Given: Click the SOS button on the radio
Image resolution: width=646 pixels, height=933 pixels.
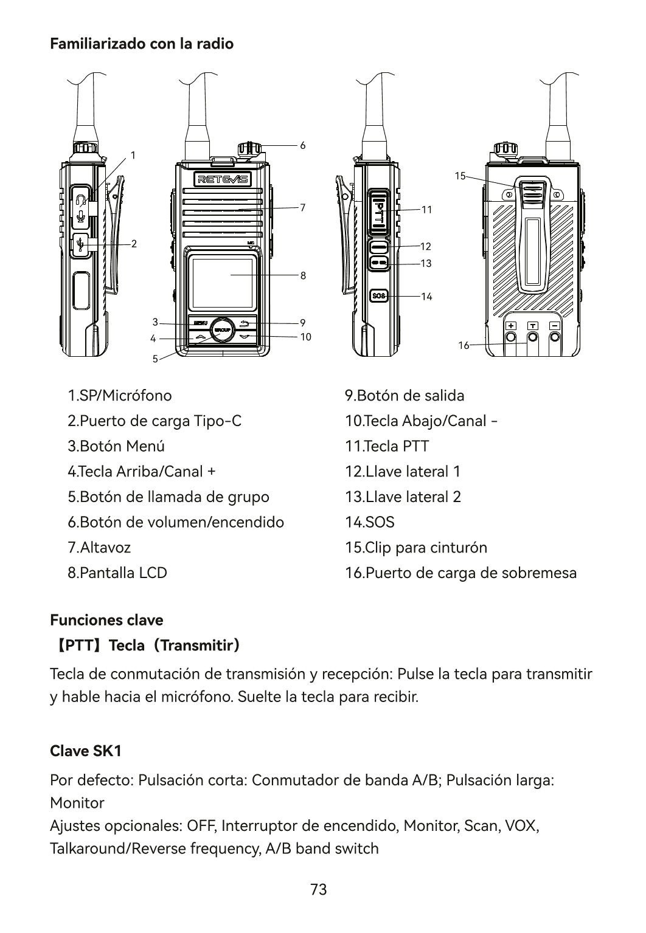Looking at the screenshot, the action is (379, 296).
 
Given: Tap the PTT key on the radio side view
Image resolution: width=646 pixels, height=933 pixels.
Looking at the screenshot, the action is (378, 211).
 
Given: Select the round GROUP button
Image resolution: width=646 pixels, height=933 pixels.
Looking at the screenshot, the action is (222, 329).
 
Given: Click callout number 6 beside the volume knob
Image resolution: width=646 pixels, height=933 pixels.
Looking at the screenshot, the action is (303, 146).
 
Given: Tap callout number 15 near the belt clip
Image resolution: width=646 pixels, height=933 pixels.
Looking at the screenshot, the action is (460, 176).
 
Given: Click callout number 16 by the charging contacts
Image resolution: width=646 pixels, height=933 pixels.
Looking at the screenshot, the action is (464, 345).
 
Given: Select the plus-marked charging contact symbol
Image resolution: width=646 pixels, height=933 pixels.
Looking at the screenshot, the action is (511, 326).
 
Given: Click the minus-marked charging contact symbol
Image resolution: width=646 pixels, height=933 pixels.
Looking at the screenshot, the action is (555, 326).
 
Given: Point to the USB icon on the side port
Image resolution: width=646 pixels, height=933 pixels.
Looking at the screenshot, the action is (81, 244).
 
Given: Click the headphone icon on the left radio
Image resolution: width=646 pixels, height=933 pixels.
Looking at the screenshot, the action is (82, 199).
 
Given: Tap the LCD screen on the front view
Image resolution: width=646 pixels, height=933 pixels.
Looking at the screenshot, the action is (223, 282).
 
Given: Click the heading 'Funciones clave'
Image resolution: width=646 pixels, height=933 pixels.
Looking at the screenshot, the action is (106, 620).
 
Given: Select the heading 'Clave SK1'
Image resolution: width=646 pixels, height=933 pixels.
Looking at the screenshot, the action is (86, 751).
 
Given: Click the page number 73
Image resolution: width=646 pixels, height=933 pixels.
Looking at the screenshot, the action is (319, 889).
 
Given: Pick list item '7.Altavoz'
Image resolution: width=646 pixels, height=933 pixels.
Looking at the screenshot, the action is (99, 547).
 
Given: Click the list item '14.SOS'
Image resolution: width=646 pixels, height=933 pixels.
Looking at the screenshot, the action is (370, 522).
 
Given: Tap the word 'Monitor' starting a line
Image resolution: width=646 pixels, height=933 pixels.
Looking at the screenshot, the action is (77, 803).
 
